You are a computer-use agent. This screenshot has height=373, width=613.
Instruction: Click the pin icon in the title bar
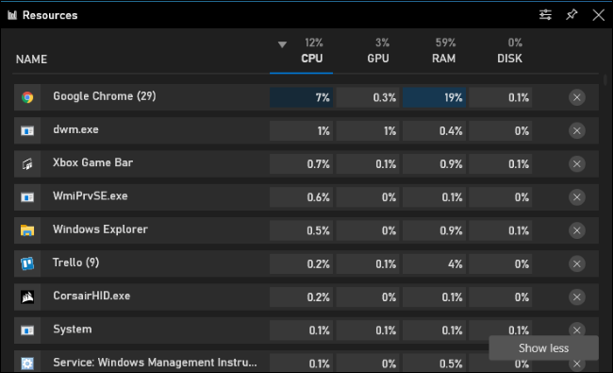[x=572, y=15]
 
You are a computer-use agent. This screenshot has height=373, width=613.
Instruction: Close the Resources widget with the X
[x=598, y=15]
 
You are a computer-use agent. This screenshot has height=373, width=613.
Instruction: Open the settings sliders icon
[x=545, y=15]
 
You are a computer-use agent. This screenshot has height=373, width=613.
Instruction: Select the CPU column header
[x=311, y=59]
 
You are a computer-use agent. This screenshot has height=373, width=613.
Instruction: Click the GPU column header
[x=378, y=59]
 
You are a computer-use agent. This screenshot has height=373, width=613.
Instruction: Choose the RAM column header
[x=444, y=59]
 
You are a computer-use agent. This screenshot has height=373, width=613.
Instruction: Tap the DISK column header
[x=509, y=59]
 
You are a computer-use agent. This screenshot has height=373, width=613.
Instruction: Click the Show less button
[x=543, y=348]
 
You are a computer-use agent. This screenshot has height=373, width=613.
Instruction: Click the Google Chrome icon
[x=27, y=97]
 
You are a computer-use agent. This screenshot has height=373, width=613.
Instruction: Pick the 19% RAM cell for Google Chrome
[x=435, y=97]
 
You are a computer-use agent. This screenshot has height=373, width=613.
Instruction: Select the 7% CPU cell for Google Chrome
[x=301, y=97]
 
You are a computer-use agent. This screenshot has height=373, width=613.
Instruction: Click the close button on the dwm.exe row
[x=576, y=130]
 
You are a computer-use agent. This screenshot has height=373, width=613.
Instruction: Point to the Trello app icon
[x=27, y=263]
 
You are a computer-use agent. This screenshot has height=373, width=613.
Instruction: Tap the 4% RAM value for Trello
[x=456, y=263]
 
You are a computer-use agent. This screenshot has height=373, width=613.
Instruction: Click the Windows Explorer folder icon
[x=27, y=230]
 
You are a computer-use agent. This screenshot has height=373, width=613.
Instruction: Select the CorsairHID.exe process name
[x=91, y=296]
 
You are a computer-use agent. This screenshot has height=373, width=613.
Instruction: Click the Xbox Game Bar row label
[x=93, y=162]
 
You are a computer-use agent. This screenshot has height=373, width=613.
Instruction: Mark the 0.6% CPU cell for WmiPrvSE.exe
[x=301, y=196]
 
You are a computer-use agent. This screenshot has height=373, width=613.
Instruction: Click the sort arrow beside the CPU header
[x=282, y=44]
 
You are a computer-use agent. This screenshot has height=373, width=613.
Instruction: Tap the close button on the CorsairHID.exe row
[x=576, y=297]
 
